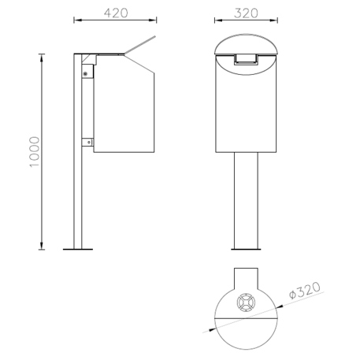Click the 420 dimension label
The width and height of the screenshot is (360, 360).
tap(116, 13)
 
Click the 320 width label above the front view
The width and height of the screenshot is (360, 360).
tap(246, 13)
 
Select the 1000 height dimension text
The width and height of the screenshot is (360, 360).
tap(35, 152)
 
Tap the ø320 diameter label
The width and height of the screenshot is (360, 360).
tap(305, 290)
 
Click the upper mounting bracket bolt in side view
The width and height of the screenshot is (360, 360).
tap(85, 73)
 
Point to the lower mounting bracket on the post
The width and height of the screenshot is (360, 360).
tap(87, 143)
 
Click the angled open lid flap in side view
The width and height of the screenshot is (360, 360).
tap(140, 45)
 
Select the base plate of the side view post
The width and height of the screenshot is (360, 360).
tap(78, 249)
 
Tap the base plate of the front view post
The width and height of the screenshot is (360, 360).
tap(246, 249)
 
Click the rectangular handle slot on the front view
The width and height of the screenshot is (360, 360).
tap(246, 59)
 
